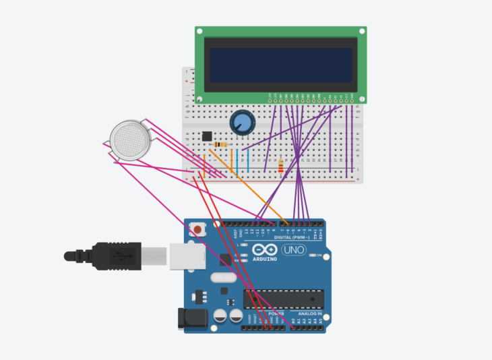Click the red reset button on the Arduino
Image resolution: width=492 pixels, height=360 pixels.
pyautogui.click(x=197, y=230)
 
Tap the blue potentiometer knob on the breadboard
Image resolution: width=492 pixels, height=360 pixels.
pyautogui.click(x=241, y=123)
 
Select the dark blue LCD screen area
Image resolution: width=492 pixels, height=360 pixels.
pyautogui.click(x=280, y=66)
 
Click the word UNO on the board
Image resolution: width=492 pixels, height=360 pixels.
pyautogui.click(x=293, y=250)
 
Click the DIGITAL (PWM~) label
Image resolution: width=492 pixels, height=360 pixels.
pyautogui.click(x=291, y=237)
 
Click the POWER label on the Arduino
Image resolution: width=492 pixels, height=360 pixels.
pyautogui.click(x=276, y=313)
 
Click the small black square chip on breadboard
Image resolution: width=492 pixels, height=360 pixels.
pyautogui.click(x=207, y=136)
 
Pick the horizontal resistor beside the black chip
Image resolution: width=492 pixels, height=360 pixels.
pyautogui.click(x=220, y=144)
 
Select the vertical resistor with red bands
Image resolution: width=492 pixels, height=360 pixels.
pyautogui.click(x=280, y=165)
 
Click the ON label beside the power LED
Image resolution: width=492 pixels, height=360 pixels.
pyautogui.click(x=319, y=255)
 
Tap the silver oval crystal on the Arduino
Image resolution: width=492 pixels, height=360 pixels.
pyautogui.click(x=224, y=277)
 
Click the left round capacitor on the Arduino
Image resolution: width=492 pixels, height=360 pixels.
pyautogui.click(x=220, y=316)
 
